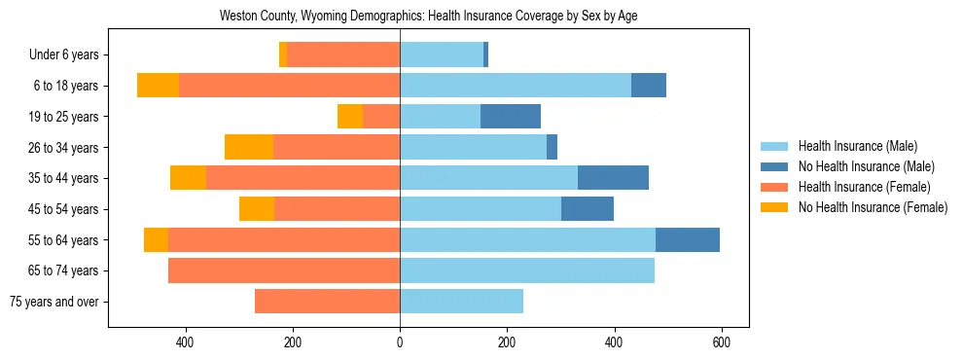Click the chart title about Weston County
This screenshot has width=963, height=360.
428,17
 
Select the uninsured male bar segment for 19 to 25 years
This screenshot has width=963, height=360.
511,117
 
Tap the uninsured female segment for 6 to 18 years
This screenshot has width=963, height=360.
158,86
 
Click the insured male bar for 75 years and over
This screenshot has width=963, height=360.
461,302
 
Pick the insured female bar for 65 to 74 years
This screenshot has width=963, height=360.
284,270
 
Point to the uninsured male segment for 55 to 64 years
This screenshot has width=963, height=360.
688,240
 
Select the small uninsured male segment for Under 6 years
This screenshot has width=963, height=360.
485,55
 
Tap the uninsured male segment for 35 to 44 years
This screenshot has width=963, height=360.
613,178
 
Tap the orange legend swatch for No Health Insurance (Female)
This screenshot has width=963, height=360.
774,207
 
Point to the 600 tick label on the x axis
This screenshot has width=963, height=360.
721,342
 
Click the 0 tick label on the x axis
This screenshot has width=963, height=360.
400,342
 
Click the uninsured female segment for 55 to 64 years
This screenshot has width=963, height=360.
156,240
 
